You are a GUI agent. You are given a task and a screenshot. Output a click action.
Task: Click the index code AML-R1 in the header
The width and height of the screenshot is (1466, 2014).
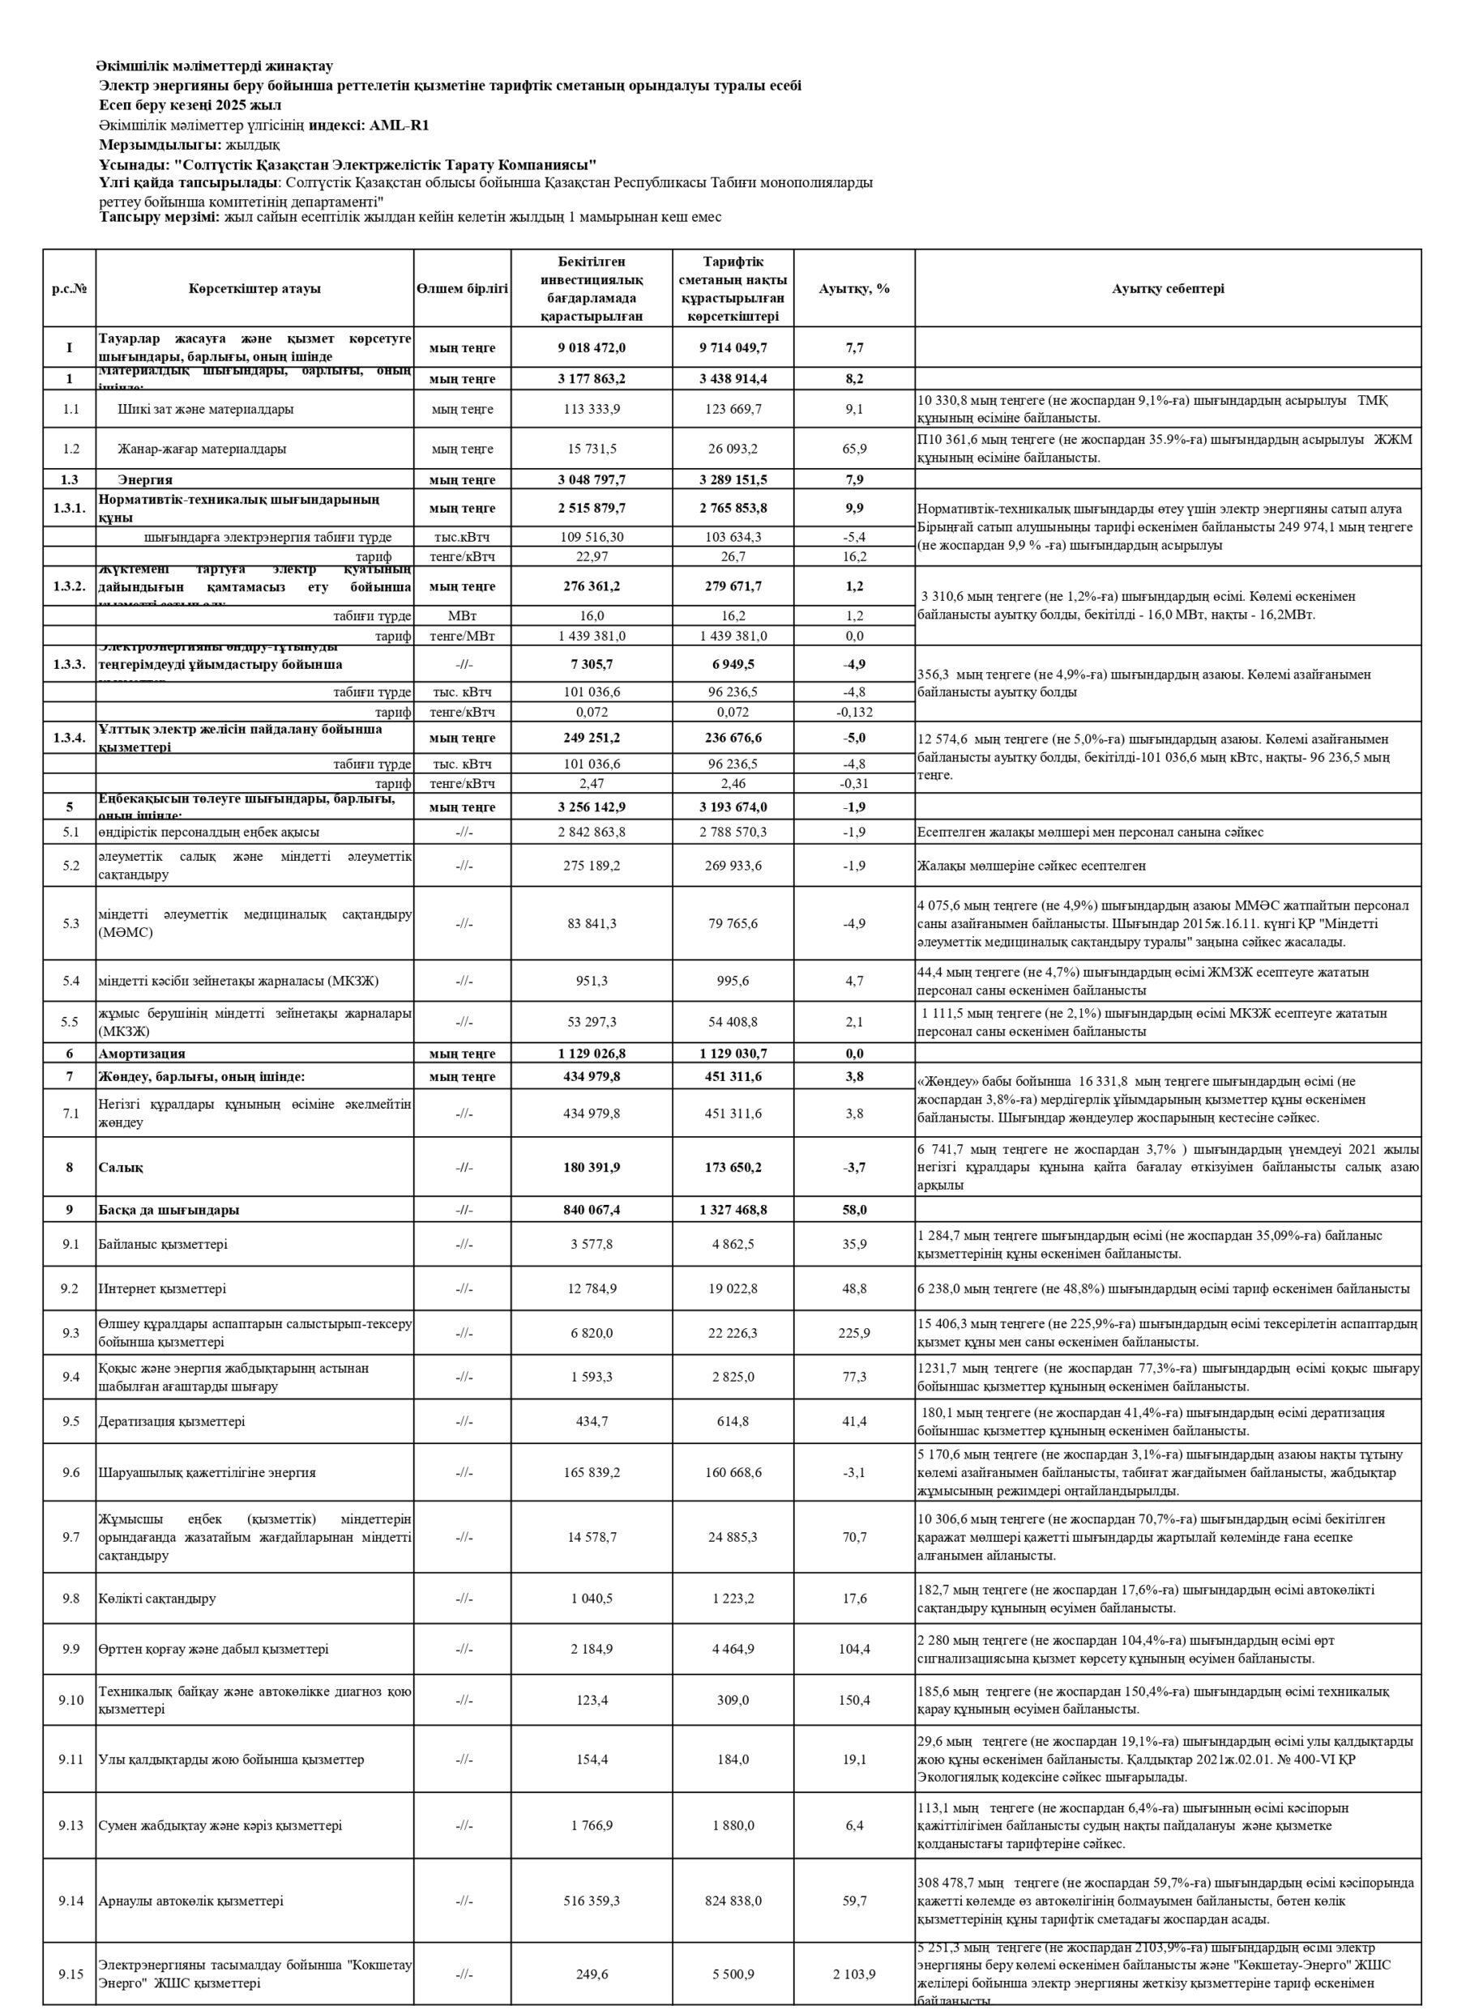point(399,126)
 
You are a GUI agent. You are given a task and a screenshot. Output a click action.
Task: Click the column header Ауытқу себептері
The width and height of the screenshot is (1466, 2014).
point(1168,288)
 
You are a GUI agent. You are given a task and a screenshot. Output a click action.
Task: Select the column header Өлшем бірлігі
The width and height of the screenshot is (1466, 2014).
point(462,288)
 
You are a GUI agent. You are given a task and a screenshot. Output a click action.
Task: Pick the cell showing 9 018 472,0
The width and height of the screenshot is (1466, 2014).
point(592,347)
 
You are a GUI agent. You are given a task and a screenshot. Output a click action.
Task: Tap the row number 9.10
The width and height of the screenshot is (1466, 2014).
point(71,1700)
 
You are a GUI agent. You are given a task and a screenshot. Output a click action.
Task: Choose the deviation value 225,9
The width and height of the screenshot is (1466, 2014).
point(854,1333)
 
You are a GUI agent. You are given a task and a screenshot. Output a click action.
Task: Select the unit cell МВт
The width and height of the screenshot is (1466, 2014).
point(462,615)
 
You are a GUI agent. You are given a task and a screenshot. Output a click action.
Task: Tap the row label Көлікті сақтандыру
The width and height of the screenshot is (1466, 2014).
point(157,1599)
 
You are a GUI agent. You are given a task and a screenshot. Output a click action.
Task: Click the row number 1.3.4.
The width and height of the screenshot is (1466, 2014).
point(70,737)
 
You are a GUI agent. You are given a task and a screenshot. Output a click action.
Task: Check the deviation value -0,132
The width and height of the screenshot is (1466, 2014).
point(854,711)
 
